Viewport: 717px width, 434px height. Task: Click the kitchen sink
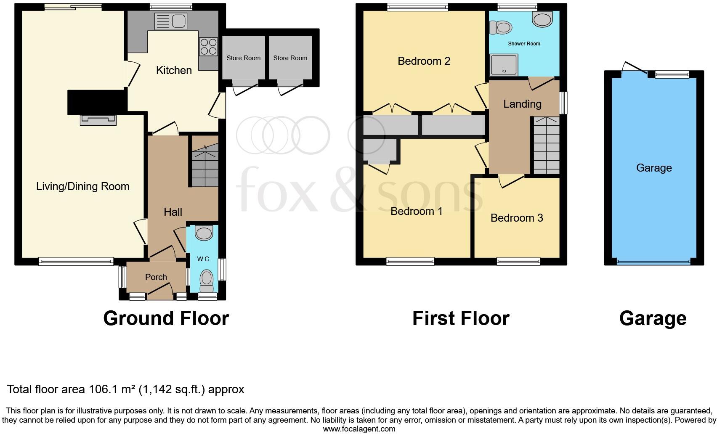[170, 21]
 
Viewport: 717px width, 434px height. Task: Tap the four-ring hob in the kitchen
[208, 47]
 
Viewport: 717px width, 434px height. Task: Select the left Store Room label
[243, 58]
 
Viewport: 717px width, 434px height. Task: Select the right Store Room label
[290, 58]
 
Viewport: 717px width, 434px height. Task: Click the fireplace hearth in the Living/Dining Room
[98, 121]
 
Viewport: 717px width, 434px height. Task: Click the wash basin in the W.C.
[204, 233]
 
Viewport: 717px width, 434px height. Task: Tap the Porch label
[156, 277]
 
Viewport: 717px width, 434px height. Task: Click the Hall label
[173, 212]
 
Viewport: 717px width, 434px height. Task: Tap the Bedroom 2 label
[424, 61]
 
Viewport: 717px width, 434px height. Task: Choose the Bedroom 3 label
[517, 218]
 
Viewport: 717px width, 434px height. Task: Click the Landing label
[522, 104]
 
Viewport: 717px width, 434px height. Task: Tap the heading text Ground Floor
[166, 318]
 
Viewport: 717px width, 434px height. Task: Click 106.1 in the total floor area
[101, 389]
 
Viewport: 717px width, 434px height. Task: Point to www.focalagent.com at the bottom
[359, 429]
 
